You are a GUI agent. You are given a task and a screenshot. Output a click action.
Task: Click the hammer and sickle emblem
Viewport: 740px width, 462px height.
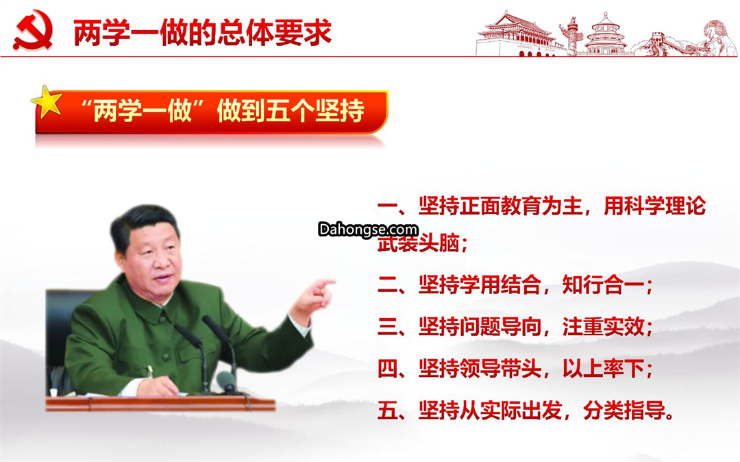coord(33,30)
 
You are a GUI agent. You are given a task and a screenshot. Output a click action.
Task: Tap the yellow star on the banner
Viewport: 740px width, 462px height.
coord(47,101)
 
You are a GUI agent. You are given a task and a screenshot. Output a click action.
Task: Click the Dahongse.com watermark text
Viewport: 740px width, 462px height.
coord(368,230)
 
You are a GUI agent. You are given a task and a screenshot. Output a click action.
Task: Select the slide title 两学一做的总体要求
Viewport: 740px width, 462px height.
coord(203,33)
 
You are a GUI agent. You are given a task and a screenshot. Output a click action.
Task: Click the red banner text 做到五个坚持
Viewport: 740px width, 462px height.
coord(291,110)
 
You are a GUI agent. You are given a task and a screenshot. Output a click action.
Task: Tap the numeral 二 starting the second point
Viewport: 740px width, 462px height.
coord(387,286)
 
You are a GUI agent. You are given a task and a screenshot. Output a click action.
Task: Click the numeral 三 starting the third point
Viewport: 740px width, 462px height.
coord(387,326)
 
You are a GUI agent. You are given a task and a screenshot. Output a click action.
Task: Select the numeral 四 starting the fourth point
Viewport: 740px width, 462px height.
coord(387,369)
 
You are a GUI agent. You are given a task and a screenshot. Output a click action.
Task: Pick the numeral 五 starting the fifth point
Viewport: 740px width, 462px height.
coord(387,410)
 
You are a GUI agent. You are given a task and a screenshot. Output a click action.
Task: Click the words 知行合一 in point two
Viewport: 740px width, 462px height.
coord(602,285)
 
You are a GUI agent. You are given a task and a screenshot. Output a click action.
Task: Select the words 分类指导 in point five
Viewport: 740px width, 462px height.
coord(623,410)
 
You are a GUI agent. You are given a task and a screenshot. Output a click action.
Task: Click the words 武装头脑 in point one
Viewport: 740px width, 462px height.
coord(418,243)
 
